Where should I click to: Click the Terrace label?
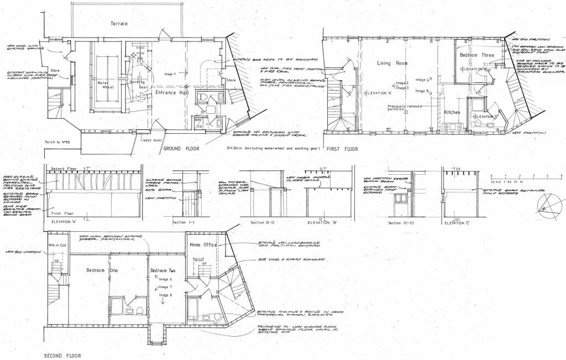click(119, 24)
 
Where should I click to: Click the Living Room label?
click(392, 64)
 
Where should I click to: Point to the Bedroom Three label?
click(476, 56)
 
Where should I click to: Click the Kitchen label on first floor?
click(452, 112)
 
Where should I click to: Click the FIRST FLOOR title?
click(342, 149)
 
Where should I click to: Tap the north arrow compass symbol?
click(544, 208)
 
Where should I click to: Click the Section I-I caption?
click(184, 222)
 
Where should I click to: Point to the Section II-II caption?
click(263, 222)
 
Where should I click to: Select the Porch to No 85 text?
click(58, 142)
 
